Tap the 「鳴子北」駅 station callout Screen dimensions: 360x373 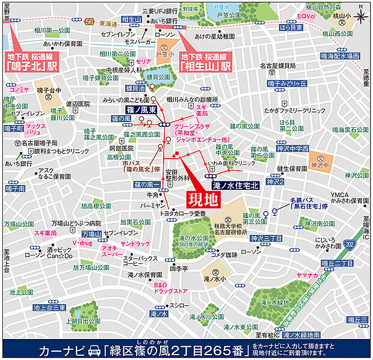tap(31, 62)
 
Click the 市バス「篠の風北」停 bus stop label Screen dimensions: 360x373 tap(140, 166)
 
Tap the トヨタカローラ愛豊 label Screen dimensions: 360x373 tap(182, 214)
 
